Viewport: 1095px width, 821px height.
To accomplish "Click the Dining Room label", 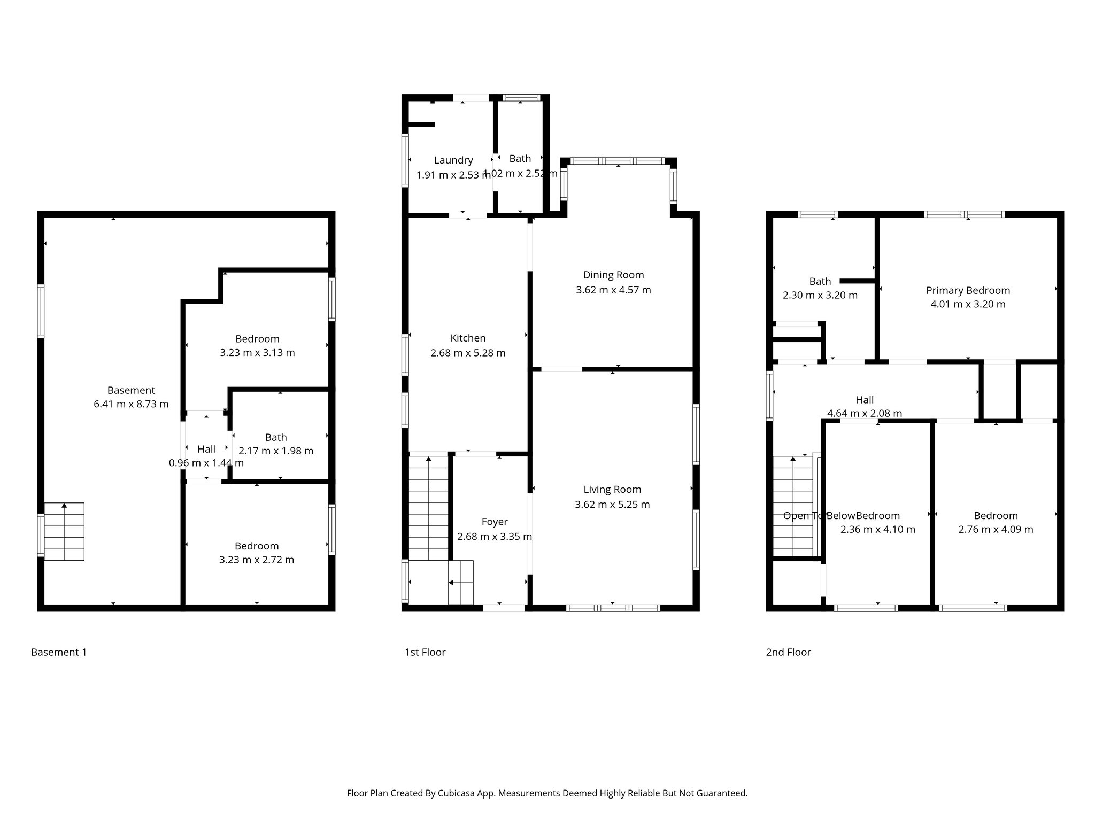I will [x=613, y=275].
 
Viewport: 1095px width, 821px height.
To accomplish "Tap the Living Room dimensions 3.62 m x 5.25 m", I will [x=612, y=504].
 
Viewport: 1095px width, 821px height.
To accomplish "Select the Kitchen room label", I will [x=468, y=338].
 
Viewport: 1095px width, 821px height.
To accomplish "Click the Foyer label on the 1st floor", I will [x=495, y=522].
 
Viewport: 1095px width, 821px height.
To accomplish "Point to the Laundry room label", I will [x=453, y=160].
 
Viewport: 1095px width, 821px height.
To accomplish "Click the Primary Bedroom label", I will [x=968, y=290].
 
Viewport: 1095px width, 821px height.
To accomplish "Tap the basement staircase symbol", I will [x=64, y=531].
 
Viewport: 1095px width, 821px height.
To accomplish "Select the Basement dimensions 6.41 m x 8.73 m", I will [x=131, y=404].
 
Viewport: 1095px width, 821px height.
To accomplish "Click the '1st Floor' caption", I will [x=425, y=652].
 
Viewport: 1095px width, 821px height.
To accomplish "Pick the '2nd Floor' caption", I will [x=788, y=652].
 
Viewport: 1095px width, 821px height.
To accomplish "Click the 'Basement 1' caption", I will [x=59, y=652].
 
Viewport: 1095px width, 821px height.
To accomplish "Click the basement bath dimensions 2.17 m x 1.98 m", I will [x=276, y=451].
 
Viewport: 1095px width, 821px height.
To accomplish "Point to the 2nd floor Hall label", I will [x=865, y=400].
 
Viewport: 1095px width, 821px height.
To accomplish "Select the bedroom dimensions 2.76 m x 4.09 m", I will [x=996, y=529].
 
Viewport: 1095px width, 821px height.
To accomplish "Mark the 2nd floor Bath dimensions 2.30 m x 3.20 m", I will [x=820, y=295].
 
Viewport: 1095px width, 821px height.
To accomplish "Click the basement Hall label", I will [x=206, y=449].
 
